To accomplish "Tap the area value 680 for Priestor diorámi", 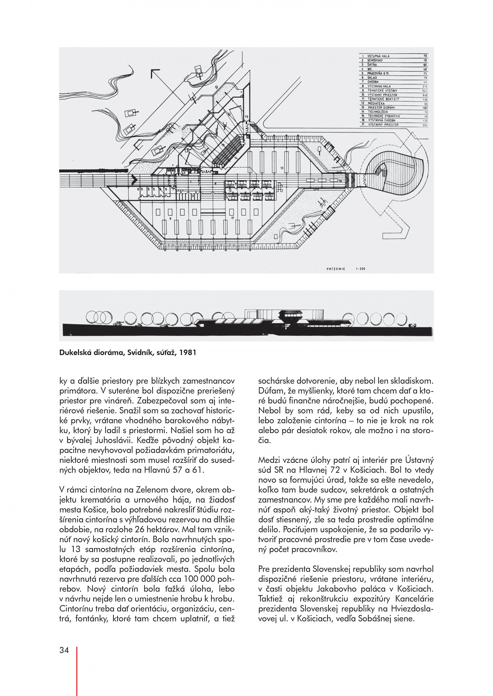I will pos(425,108).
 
